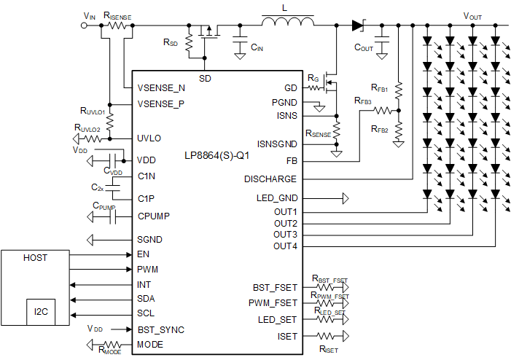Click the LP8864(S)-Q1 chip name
[x=217, y=157]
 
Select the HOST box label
[x=35, y=258]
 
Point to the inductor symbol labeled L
[x=288, y=24]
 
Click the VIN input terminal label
[x=90, y=15]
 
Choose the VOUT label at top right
[x=472, y=15]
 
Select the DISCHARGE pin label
[x=270, y=179]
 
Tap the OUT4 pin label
[x=285, y=246]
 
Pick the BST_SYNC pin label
[x=161, y=329]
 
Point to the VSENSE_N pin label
[x=161, y=88]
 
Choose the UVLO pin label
[x=149, y=138]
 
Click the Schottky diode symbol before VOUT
[x=357, y=25]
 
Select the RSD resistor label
[x=171, y=42]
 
